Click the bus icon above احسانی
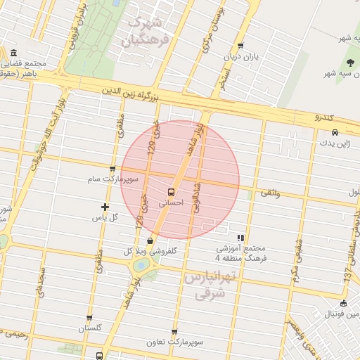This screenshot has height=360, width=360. (x=172, y=191)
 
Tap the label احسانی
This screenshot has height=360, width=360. (x=172, y=202)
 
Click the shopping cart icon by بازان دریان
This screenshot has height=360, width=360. (x=241, y=46)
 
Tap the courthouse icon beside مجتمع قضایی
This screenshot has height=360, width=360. (x=14, y=53)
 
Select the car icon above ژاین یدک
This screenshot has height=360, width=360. (x=335, y=132)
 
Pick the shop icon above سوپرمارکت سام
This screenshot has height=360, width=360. (x=112, y=169)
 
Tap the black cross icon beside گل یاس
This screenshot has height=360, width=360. (x=105, y=207)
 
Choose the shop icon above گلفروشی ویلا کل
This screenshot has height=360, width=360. (x=150, y=240)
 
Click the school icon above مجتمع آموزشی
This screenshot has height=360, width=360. (x=241, y=238)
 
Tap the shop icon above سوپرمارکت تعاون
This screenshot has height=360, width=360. (x=174, y=332)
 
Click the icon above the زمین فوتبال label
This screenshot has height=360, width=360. (x=343, y=304)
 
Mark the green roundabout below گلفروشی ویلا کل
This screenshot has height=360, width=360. (x=142, y=265)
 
